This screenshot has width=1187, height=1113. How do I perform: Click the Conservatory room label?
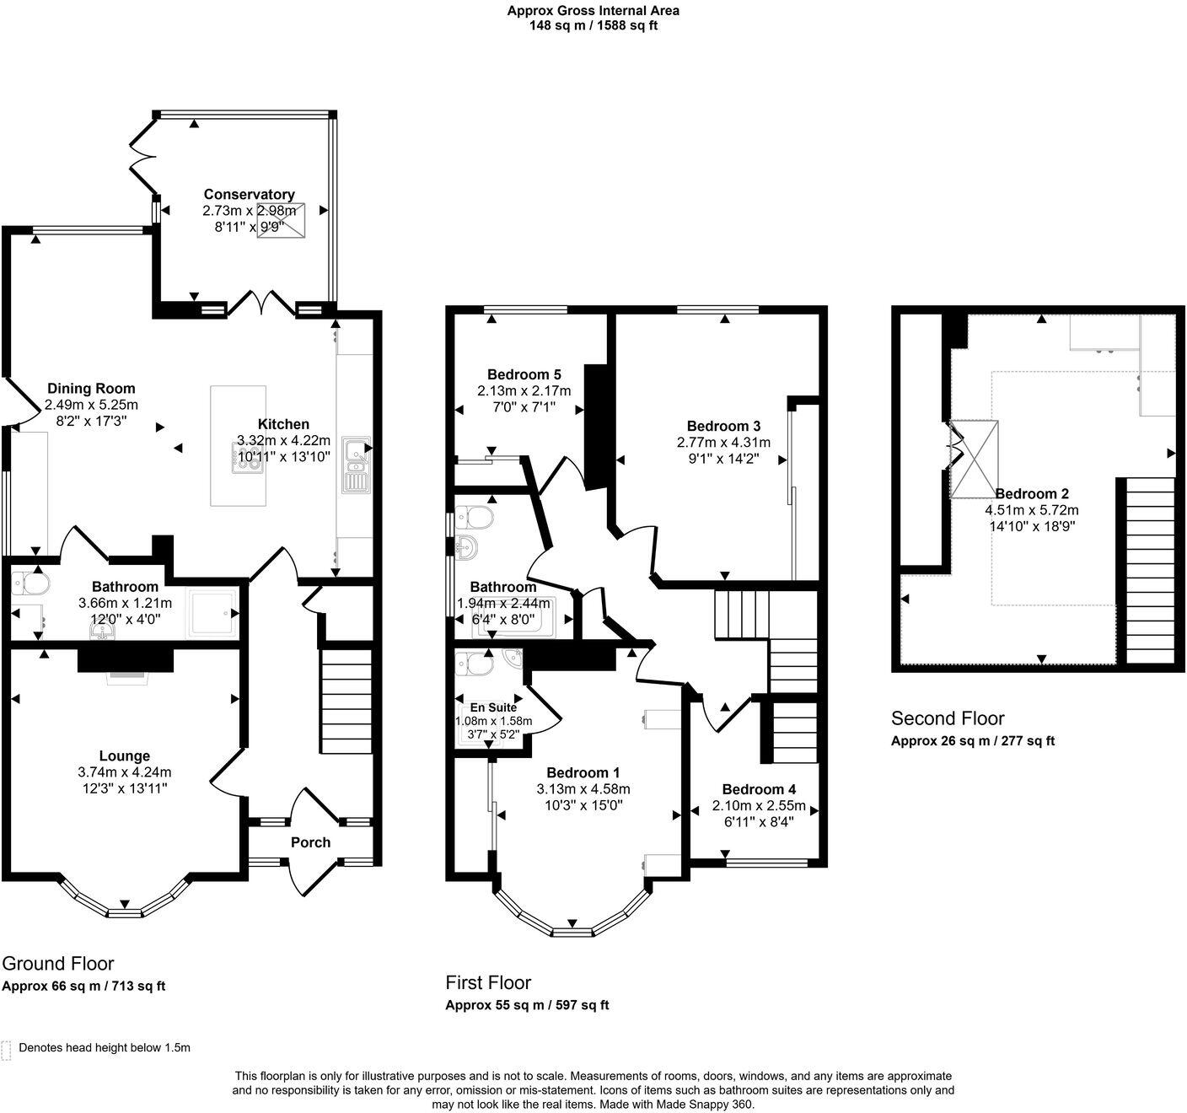coord(249,195)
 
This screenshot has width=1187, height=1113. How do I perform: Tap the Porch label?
coord(310,842)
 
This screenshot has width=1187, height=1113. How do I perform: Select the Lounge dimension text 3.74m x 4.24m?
coord(124,772)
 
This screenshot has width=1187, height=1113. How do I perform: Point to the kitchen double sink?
coord(357,465)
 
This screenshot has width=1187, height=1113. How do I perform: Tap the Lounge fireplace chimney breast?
coord(126,659)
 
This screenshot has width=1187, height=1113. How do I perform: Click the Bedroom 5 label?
coord(524,374)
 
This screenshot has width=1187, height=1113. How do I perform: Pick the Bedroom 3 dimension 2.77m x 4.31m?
coord(723,443)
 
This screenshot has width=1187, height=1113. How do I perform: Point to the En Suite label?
coord(493,707)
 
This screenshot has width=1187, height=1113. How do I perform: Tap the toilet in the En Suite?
coord(474,663)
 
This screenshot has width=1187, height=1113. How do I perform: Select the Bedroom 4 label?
coord(759,789)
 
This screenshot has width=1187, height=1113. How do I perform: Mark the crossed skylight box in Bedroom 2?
coord(974,460)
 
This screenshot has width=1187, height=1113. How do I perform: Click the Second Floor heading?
coord(948,718)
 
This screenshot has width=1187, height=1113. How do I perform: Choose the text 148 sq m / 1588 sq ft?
coord(593,25)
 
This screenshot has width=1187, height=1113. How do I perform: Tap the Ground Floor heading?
coord(58,963)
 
